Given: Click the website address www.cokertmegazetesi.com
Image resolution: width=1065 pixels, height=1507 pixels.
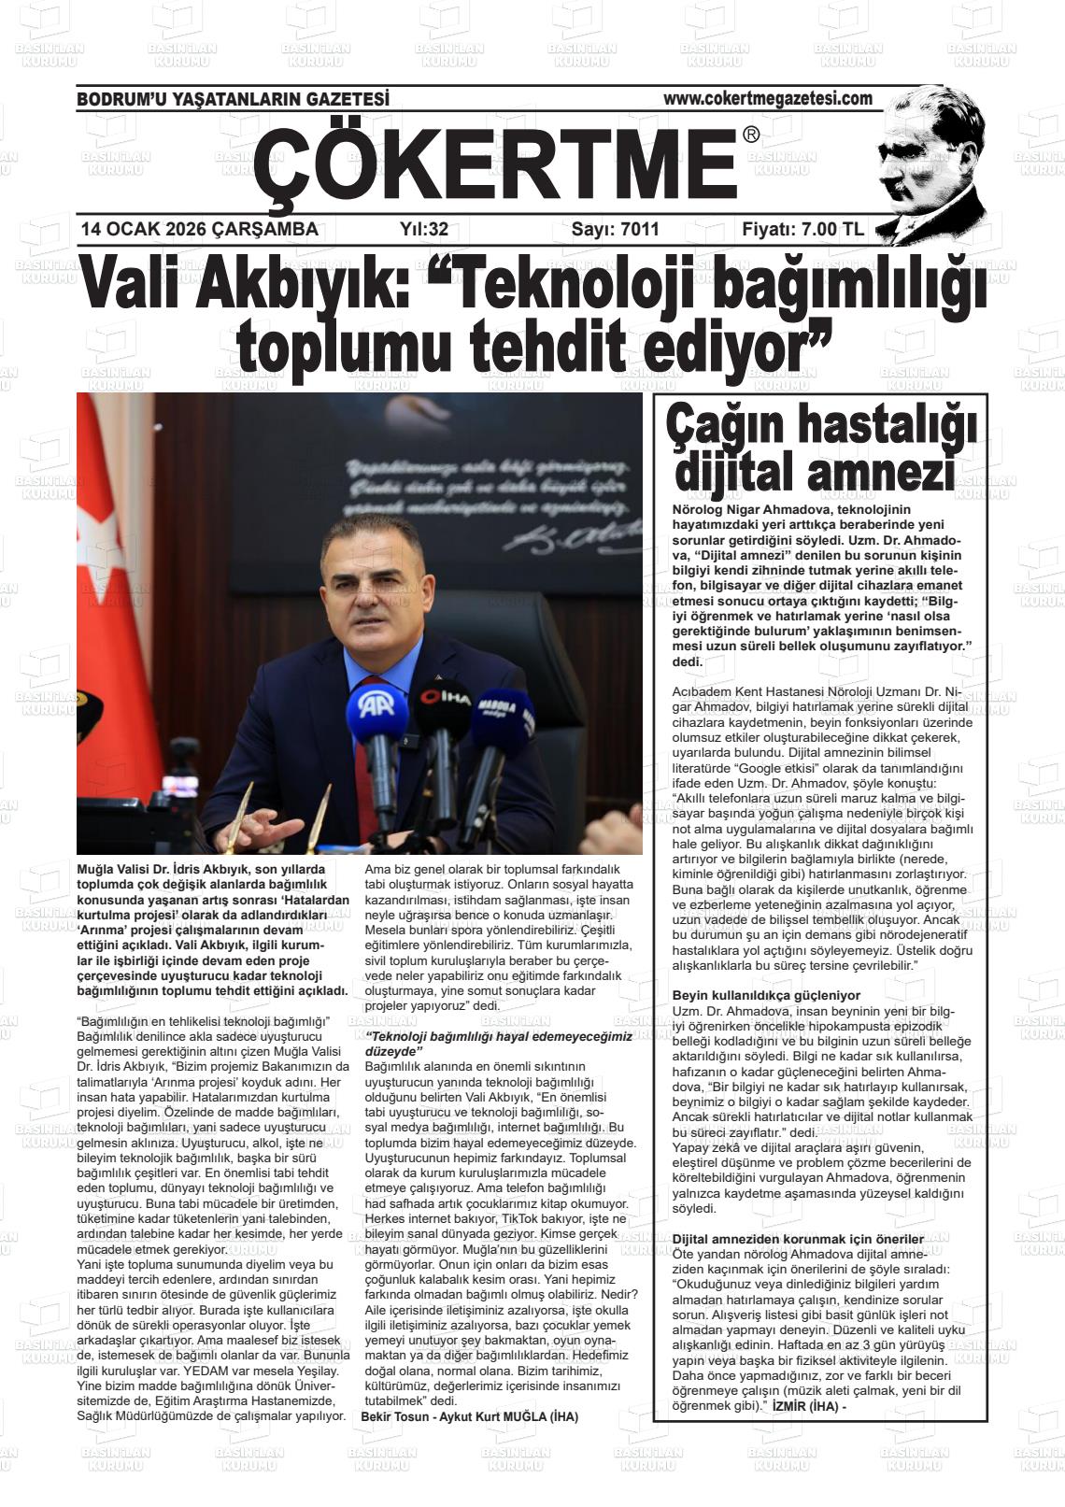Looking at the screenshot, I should click(767, 98).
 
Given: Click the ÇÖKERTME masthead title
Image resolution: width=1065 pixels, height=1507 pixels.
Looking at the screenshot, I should click(495, 163).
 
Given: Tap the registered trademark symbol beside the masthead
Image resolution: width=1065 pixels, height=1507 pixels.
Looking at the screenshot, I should click(751, 136).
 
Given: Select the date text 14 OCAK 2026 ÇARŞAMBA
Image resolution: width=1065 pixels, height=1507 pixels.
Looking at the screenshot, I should click(199, 229).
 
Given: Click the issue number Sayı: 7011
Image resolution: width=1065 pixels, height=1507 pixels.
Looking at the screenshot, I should click(615, 229).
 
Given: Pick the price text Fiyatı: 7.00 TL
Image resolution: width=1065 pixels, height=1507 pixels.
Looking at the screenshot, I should click(802, 229).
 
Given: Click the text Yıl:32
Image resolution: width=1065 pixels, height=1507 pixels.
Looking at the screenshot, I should click(424, 229).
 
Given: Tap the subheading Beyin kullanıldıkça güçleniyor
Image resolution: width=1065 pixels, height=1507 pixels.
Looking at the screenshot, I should click(766, 995).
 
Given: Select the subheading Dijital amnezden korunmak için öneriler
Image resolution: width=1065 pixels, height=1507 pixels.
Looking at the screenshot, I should click(785, 1239).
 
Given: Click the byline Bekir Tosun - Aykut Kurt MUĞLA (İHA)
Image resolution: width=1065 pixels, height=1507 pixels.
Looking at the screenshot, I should click(469, 1416).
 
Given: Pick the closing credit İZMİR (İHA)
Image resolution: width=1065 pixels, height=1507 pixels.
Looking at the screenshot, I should click(804, 1405).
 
